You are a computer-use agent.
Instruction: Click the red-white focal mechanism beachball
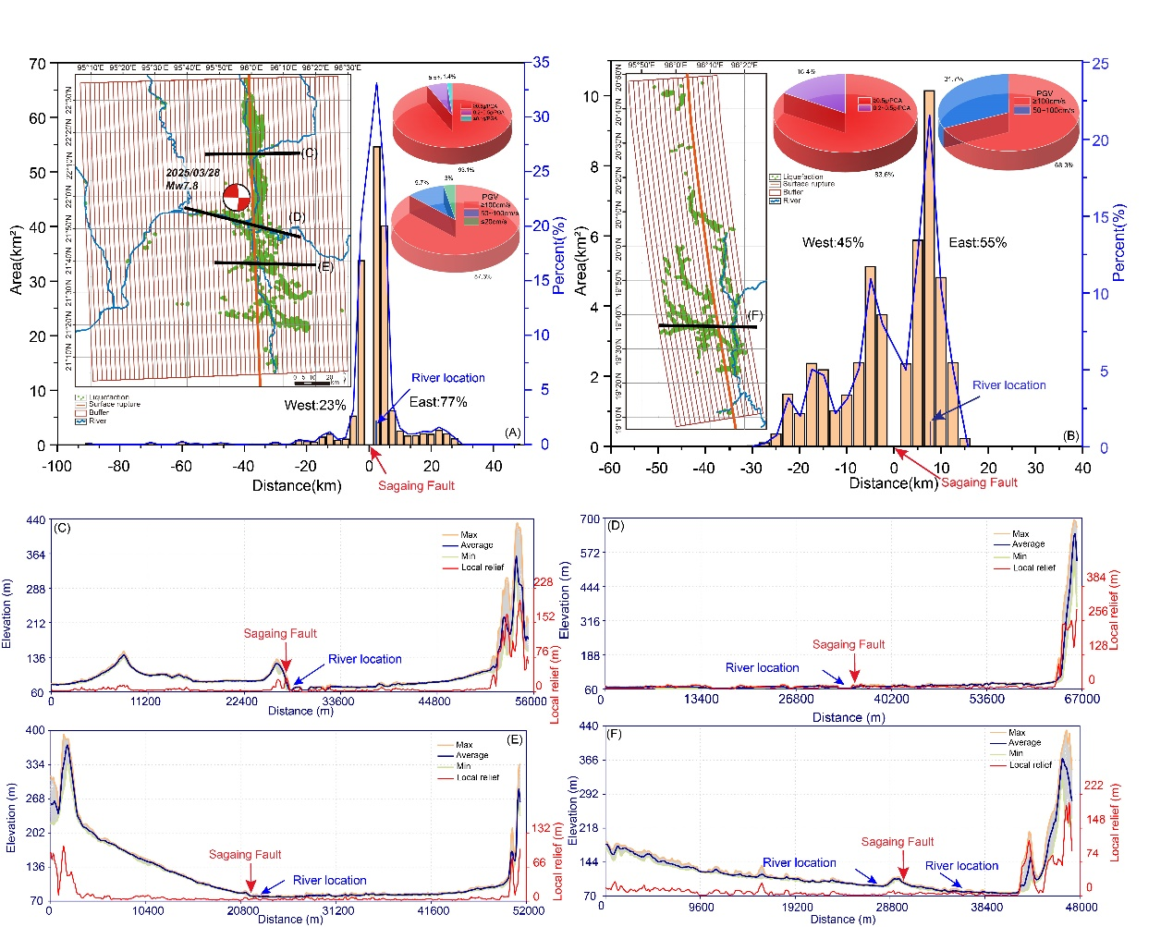(237, 197)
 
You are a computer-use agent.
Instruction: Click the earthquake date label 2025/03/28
(193, 173)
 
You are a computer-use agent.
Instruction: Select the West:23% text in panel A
(315, 405)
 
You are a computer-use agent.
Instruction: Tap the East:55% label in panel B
(977, 242)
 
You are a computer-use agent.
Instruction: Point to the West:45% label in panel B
(833, 242)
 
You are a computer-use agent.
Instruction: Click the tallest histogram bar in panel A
(376, 296)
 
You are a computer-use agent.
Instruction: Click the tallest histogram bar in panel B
(929, 268)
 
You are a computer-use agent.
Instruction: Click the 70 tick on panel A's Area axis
(37, 64)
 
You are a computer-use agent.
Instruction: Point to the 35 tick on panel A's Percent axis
(541, 63)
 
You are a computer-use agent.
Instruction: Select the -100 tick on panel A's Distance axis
(57, 466)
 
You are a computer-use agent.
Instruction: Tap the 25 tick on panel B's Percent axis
(1100, 64)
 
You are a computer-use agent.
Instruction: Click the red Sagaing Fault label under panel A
(416, 485)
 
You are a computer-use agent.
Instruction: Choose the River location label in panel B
(1008, 385)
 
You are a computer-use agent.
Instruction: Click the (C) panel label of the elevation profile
(62, 528)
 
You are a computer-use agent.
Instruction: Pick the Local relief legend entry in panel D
(1033, 567)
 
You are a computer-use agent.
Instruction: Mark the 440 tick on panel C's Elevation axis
(35, 520)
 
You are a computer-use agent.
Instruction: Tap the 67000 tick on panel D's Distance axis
(1081, 699)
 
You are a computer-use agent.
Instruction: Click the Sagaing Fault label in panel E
(245, 854)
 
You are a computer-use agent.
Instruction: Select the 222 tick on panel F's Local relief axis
(1094, 786)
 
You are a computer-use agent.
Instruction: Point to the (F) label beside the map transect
(754, 315)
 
